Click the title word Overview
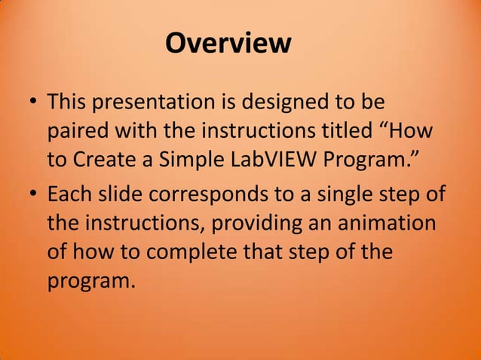[x=228, y=43]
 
